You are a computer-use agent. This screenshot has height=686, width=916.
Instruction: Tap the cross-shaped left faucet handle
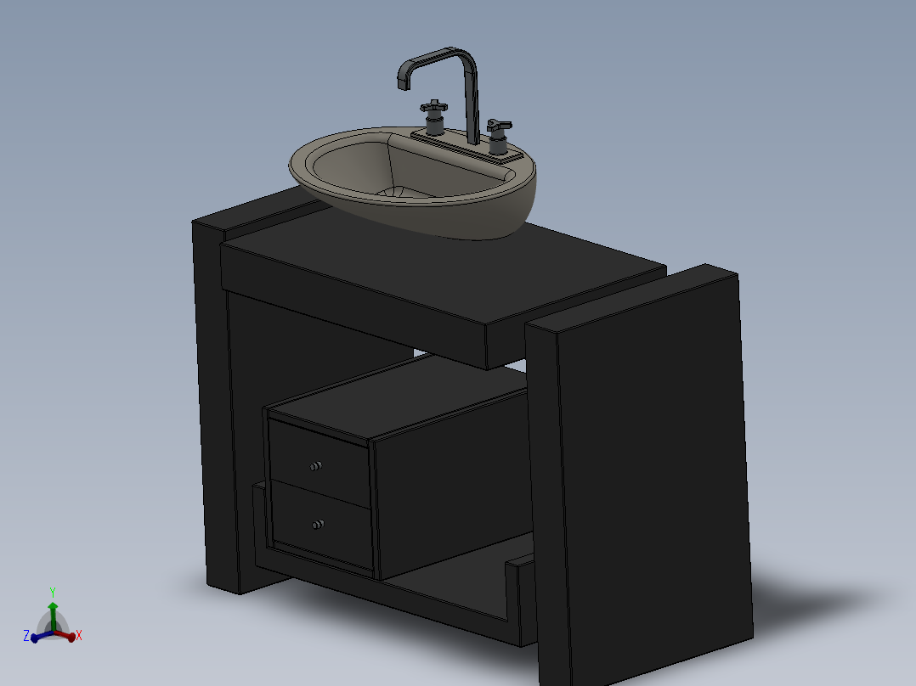pos(433,108)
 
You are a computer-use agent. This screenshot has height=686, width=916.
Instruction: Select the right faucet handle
pos(499,127)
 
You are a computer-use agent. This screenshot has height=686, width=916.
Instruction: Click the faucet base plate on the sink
pos(466,145)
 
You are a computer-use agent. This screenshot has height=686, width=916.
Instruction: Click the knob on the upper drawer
pos(316,466)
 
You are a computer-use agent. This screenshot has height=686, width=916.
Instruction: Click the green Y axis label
pos(53,592)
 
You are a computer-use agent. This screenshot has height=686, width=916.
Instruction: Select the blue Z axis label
pos(26,635)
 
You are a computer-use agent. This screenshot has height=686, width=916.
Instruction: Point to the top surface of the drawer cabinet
pos(399,395)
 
